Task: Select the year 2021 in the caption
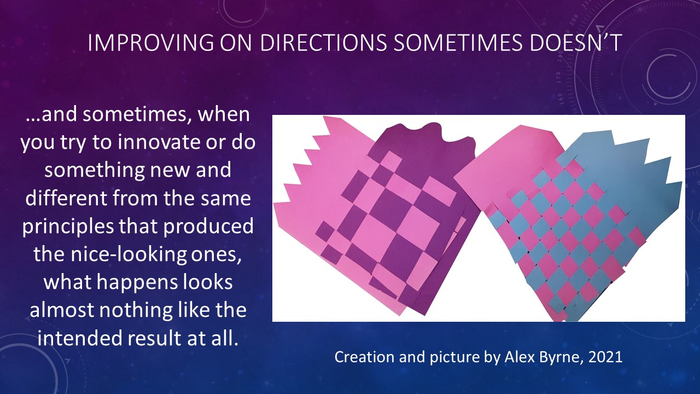point(605,357)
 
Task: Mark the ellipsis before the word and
point(33,119)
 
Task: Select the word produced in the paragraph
point(208,227)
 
